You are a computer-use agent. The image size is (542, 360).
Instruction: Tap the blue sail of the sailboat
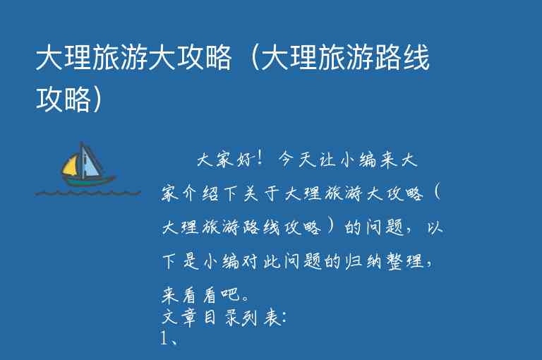tap(90, 163)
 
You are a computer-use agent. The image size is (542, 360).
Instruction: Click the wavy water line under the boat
tap(88, 192)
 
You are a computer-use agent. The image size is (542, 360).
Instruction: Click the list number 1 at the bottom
tap(165, 339)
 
